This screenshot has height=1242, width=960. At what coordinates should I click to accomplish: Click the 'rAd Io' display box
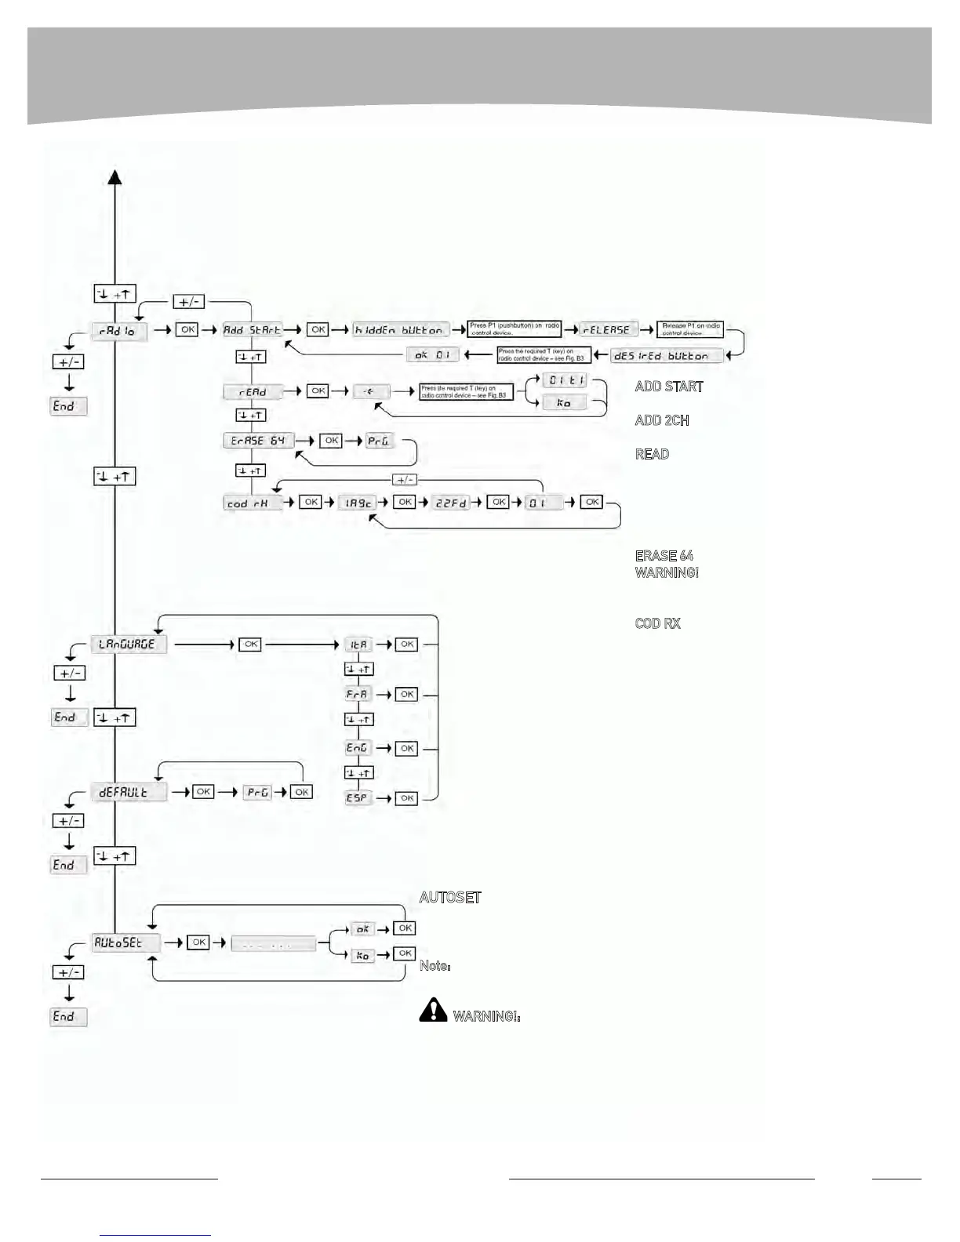click(118, 331)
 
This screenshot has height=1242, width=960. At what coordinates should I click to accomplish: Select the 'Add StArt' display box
click(252, 330)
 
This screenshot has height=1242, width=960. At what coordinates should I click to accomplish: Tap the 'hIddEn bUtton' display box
click(400, 330)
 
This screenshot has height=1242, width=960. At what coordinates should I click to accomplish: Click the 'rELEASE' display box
click(607, 330)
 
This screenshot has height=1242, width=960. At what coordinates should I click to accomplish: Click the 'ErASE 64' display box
click(258, 441)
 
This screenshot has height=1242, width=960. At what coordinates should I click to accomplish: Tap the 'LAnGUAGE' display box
click(127, 645)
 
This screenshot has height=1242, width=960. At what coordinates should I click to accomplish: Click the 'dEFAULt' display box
click(128, 792)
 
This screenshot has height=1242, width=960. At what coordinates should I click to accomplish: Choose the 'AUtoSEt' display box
click(125, 943)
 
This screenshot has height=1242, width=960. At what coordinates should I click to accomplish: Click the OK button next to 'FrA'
click(406, 695)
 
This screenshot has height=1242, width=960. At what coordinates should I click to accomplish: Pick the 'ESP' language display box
click(358, 798)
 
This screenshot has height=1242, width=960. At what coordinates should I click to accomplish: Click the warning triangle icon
click(433, 1011)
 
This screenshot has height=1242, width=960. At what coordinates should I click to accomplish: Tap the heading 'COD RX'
click(657, 624)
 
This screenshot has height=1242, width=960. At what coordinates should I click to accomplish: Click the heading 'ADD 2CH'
click(662, 420)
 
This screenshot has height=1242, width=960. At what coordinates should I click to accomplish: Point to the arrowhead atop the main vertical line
click(115, 177)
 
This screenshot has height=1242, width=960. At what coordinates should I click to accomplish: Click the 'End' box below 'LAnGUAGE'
click(67, 717)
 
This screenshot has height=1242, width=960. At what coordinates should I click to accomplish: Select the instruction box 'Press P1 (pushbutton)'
click(515, 329)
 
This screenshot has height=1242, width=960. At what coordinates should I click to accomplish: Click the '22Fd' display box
click(451, 503)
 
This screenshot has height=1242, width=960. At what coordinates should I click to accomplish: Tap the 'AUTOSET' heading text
click(450, 898)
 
